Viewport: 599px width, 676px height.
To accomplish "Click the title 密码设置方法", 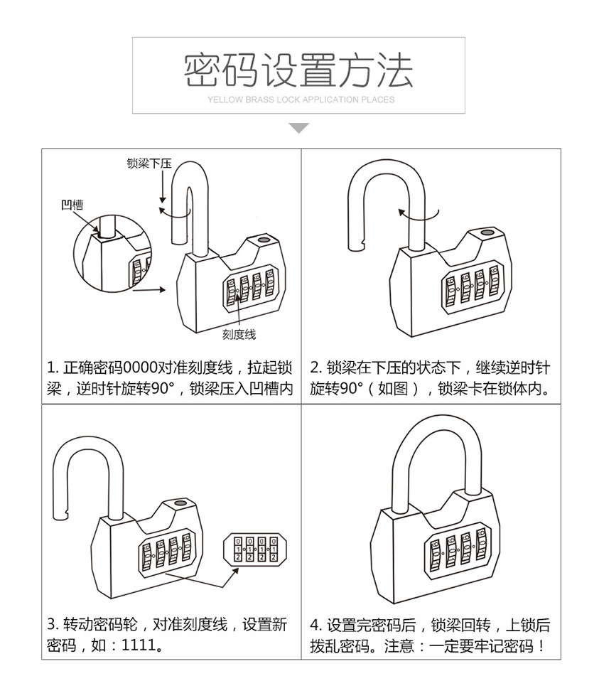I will tap(298, 70).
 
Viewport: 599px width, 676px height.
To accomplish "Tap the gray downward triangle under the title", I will tap(299, 128).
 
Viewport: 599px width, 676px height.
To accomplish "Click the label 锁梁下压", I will tap(149, 163).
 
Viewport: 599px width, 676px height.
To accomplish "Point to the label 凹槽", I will tap(72, 205).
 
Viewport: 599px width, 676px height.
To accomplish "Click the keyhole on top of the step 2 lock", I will tap(487, 232).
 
